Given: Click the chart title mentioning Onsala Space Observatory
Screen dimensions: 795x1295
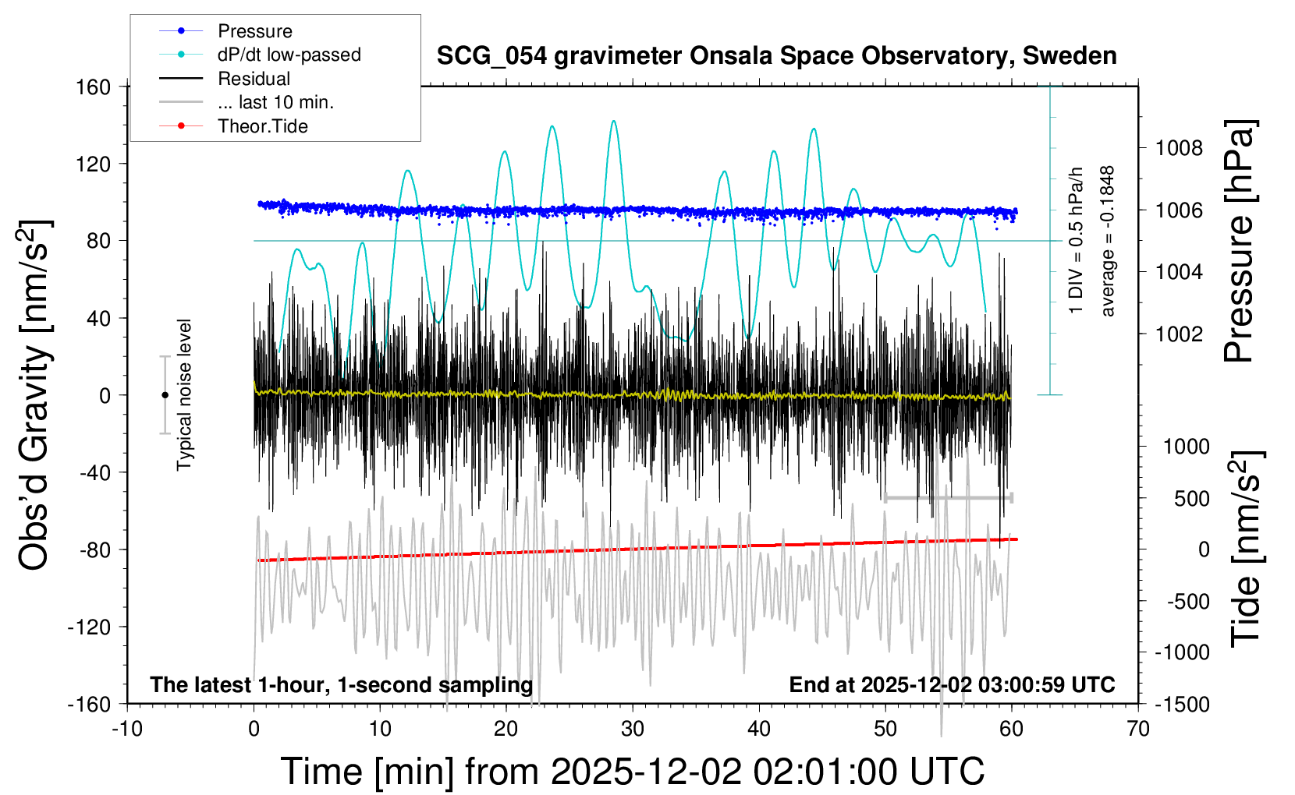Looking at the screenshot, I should point(776,56).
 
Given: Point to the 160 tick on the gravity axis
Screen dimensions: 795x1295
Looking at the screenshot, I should point(93,87).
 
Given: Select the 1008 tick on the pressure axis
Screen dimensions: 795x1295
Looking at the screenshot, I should point(1179,148).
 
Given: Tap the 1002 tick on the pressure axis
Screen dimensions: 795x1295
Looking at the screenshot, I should point(1179,334).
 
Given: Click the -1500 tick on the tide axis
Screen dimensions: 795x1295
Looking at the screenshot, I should point(1183,704).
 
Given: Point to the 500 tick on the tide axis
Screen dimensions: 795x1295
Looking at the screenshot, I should point(1191,498).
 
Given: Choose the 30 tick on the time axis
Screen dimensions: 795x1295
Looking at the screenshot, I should point(633,729).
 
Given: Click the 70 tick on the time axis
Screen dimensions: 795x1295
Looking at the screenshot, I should point(1138,729).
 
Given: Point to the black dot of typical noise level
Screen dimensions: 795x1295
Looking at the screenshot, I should point(165,395).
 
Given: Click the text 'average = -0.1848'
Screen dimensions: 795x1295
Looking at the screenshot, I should point(1108,241).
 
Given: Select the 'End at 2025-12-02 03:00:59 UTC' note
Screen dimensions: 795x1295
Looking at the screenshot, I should point(952,684).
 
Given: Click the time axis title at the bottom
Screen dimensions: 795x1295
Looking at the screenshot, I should point(632,772).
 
